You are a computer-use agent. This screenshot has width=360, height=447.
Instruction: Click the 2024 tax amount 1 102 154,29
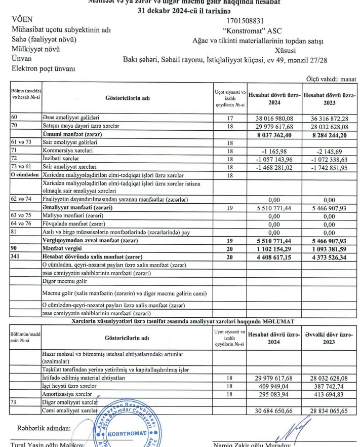pyautogui.click(x=274, y=249)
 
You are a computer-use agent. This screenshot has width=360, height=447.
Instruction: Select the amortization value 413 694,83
pyautogui.click(x=333, y=394)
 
